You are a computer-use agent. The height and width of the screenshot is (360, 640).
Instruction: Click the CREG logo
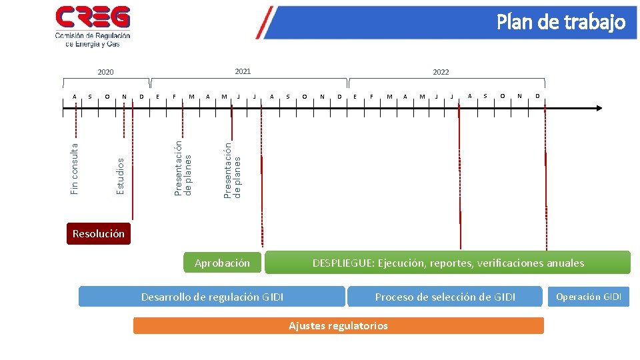click(93, 26)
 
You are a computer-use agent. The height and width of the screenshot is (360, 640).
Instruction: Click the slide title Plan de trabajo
click(561, 23)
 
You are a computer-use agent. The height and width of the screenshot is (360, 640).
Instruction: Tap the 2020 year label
click(105, 72)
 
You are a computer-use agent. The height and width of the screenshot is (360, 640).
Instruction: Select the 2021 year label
click(243, 71)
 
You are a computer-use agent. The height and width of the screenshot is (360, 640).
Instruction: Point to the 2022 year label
click(441, 72)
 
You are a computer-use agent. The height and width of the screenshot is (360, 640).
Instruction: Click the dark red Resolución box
click(99, 233)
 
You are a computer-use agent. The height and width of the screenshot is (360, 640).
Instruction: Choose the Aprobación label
click(222, 263)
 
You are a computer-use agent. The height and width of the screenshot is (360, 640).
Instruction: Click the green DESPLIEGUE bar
click(447, 263)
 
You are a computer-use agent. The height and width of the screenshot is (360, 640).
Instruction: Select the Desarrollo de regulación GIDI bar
click(211, 297)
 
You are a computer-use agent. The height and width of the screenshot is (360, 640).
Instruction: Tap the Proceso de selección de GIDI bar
click(445, 297)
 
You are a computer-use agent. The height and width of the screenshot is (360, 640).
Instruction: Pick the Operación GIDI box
click(589, 297)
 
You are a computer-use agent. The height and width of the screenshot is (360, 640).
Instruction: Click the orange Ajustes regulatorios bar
click(338, 325)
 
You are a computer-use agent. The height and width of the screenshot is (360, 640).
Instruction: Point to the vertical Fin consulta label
click(75, 167)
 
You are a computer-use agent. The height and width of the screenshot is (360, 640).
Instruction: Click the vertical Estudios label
click(121, 176)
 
